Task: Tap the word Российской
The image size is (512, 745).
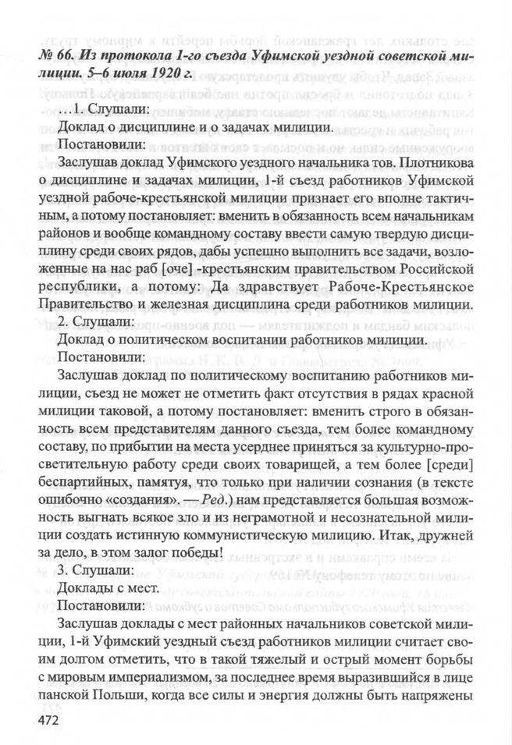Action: click(434, 269)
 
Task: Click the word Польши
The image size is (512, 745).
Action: click(105, 691)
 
